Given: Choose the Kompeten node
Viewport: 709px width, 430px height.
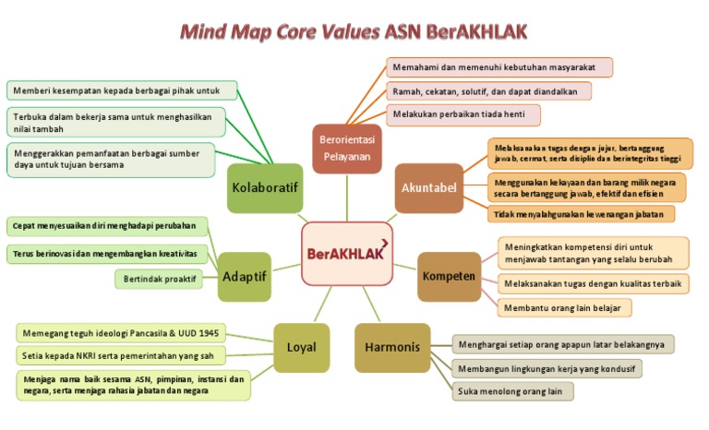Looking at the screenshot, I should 449,277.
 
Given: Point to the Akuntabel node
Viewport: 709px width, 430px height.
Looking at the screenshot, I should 429,188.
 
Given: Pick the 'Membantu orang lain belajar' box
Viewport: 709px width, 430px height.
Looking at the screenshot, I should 565,306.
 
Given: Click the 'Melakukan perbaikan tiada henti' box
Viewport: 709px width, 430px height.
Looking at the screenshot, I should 463,115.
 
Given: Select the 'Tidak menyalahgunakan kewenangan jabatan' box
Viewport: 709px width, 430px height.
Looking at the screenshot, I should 582,213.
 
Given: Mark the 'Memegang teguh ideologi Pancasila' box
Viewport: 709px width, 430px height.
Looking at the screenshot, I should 122,332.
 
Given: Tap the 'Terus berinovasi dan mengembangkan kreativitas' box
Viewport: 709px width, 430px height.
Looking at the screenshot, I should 107,253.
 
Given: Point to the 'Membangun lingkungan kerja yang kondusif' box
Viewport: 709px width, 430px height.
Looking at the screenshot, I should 547,368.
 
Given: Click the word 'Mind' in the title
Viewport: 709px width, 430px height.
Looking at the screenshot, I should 208,33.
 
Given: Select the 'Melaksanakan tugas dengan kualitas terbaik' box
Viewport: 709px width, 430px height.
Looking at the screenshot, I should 592,283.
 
